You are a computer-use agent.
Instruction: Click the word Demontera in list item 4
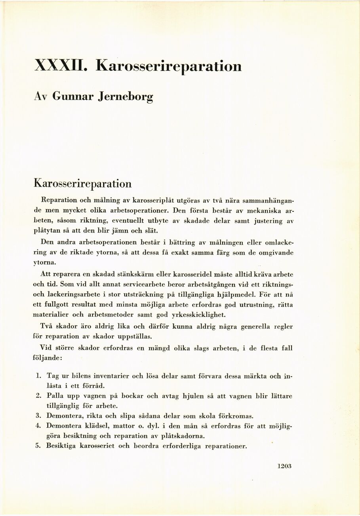coord(63,426)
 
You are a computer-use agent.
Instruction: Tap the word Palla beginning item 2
coord(55,396)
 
